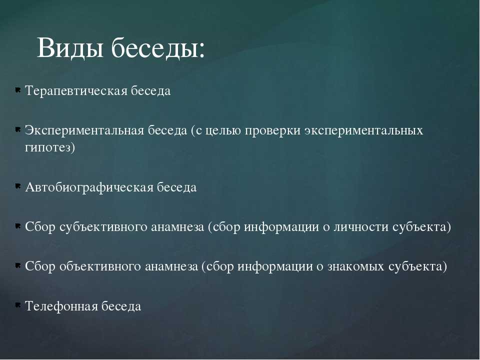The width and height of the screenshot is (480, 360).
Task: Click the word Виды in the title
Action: click(70, 47)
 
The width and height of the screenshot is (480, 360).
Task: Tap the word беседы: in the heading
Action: click(158, 47)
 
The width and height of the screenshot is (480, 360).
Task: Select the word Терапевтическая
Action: click(76, 91)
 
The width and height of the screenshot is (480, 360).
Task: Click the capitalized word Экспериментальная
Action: click(84, 130)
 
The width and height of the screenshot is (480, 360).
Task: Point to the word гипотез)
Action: click(50, 147)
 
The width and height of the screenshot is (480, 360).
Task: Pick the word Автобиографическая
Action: click(89, 187)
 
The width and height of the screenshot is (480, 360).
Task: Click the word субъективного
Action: click(103, 227)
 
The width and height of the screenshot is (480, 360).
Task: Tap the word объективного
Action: click(100, 266)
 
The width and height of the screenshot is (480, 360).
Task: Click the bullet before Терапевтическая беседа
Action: click(18, 90)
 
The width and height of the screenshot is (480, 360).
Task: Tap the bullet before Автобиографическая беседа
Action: click(18, 186)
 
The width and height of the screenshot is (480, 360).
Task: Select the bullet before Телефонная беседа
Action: click(18, 304)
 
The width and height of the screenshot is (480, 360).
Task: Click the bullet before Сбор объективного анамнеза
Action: click(18, 265)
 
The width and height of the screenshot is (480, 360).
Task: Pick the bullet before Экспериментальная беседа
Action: click(18, 130)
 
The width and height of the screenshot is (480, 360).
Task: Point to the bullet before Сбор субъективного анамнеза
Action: click(18, 226)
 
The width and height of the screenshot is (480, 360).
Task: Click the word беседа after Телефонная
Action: click(121, 306)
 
